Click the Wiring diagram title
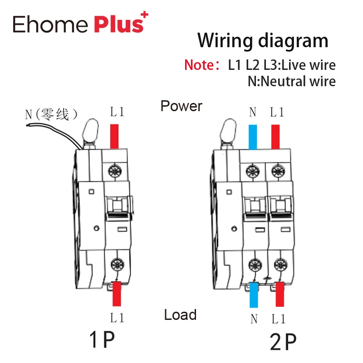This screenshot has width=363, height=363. (263, 40)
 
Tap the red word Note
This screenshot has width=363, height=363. (199, 65)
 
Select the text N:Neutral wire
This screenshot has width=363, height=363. (291, 81)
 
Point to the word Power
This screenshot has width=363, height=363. (181, 106)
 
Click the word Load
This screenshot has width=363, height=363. (180, 314)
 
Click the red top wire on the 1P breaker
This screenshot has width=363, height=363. (114, 136)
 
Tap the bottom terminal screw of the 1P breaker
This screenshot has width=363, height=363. (116, 263)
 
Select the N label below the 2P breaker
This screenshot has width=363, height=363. (254, 319)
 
